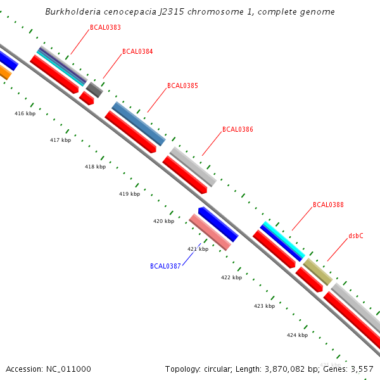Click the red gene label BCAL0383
(105, 28)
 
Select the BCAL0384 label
(137, 52)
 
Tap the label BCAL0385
(182, 86)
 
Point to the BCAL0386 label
(237, 130)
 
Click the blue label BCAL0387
(165, 266)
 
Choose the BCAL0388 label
(328, 205)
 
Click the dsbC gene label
(356, 236)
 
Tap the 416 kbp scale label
(25, 114)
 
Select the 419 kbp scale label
(129, 194)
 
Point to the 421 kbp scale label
(198, 250)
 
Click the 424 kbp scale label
(297, 335)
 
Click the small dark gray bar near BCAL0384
(94, 89)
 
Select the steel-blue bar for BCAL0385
(139, 123)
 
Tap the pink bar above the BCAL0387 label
(210, 232)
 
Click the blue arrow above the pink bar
(218, 224)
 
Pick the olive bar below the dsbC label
(317, 272)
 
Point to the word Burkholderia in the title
(75, 12)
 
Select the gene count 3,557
(360, 369)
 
